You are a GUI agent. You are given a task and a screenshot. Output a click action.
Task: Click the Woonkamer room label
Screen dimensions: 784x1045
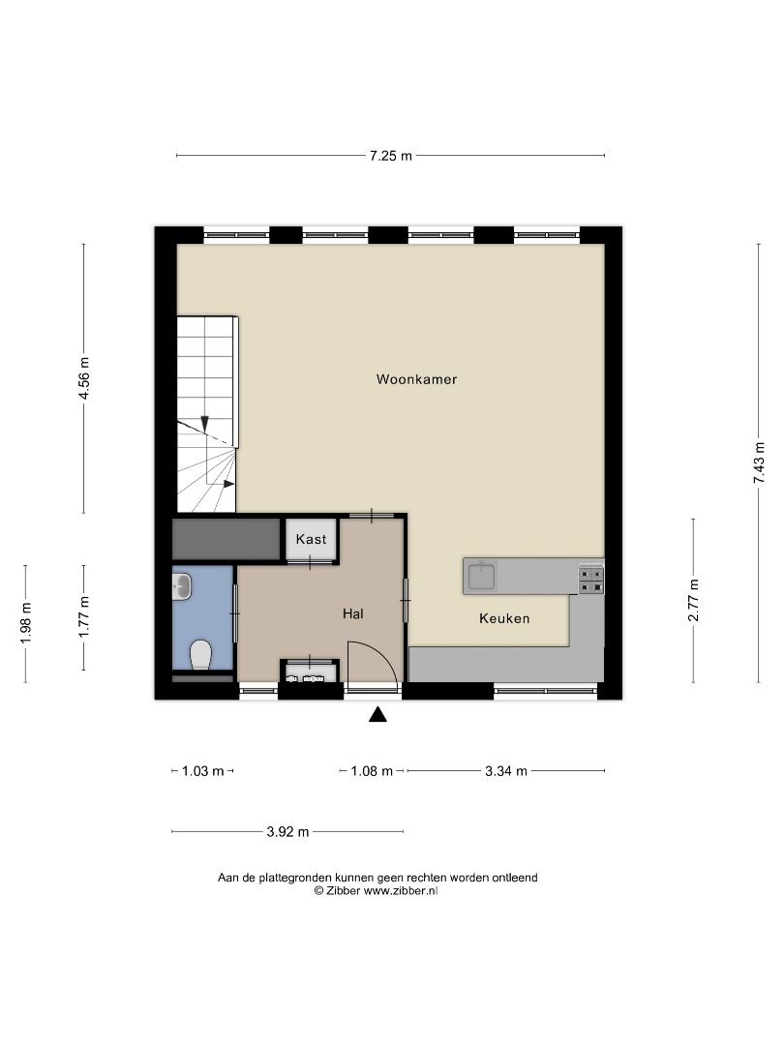click(x=416, y=379)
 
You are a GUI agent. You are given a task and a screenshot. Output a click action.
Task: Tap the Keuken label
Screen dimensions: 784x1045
click(x=504, y=618)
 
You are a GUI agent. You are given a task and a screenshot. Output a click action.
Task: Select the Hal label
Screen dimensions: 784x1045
click(x=353, y=613)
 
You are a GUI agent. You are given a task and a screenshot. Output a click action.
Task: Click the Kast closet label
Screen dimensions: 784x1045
click(x=312, y=539)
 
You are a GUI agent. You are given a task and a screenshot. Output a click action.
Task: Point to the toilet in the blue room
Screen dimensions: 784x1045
click(x=200, y=654)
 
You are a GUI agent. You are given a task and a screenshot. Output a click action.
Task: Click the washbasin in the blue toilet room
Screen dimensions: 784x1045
click(x=181, y=587)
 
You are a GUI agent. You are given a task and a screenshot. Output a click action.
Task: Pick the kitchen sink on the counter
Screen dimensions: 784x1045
click(x=481, y=576)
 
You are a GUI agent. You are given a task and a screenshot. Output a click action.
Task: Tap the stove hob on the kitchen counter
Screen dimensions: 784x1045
click(x=591, y=580)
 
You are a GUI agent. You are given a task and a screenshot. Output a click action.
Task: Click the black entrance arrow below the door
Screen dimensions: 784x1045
click(x=378, y=714)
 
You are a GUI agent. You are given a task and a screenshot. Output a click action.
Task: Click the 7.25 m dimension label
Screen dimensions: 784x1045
click(x=391, y=156)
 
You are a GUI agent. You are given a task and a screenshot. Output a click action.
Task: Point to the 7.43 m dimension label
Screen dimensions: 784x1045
click(x=760, y=463)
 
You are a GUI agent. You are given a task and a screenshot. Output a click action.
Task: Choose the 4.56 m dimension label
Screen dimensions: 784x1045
click(x=84, y=378)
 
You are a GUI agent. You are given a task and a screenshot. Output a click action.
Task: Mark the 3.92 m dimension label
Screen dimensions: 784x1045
click(x=288, y=832)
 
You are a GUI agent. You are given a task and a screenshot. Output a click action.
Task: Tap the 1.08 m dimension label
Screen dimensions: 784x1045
click(x=372, y=771)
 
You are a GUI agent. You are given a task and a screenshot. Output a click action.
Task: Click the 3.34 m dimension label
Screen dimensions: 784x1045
click(x=506, y=771)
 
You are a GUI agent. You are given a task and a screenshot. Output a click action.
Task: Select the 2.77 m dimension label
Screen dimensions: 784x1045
click(x=694, y=601)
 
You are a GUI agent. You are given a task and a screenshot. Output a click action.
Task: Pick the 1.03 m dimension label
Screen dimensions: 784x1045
click(x=202, y=771)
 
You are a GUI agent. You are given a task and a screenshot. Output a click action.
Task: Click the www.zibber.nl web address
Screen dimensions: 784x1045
click(x=401, y=891)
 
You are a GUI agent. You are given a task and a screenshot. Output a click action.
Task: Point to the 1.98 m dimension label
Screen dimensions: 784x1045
click(x=26, y=623)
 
